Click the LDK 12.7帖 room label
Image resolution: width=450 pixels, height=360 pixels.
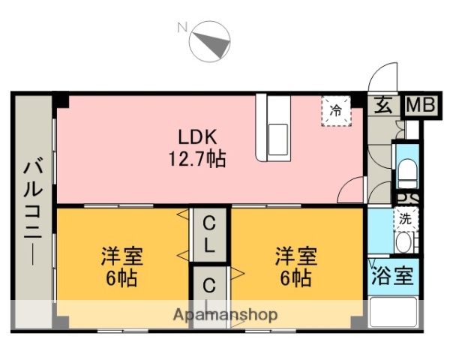coord(197,148)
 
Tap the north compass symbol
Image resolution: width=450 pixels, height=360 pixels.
coord(211,43)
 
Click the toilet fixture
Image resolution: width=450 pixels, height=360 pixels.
coord(408,172)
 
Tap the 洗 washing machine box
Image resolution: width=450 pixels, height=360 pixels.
coord(406,219)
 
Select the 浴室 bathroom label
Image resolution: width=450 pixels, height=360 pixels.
coord(392,274)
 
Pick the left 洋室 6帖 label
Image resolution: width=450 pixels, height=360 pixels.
coord(122,267)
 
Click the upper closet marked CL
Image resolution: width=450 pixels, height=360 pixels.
coord(210,233)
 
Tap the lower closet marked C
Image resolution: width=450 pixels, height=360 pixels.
coord(210,289)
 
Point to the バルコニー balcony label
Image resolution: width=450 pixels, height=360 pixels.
coord(31,210)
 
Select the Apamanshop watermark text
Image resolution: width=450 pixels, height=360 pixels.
coord(225,314)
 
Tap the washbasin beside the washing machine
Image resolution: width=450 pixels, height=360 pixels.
coord(405,242)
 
